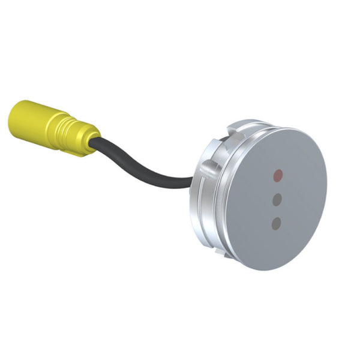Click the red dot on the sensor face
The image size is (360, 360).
point(277,176)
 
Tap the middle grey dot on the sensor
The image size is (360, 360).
point(277,200)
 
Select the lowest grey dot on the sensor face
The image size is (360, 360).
point(276,224)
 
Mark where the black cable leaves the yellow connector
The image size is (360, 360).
point(96,143)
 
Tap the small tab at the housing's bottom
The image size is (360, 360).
point(226,252)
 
